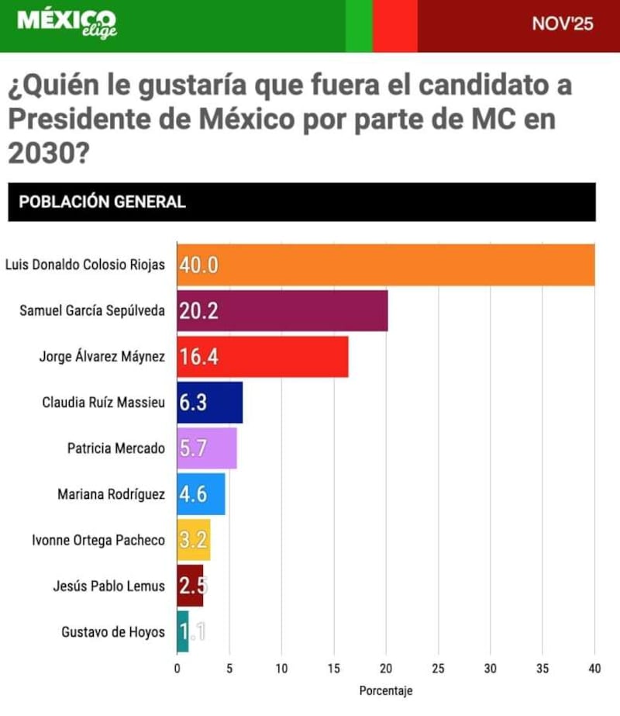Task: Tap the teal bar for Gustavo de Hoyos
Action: point(182,631)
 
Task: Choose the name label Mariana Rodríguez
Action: point(111,494)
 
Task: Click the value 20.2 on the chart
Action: point(198,311)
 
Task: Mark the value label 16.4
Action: point(198,357)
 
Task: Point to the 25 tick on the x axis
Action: point(438,668)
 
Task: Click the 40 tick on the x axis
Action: point(594,668)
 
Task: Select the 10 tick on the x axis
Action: point(281,668)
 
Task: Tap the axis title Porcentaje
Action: point(385,690)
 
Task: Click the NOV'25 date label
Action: point(563,24)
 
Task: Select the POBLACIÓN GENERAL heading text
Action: point(102,202)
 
